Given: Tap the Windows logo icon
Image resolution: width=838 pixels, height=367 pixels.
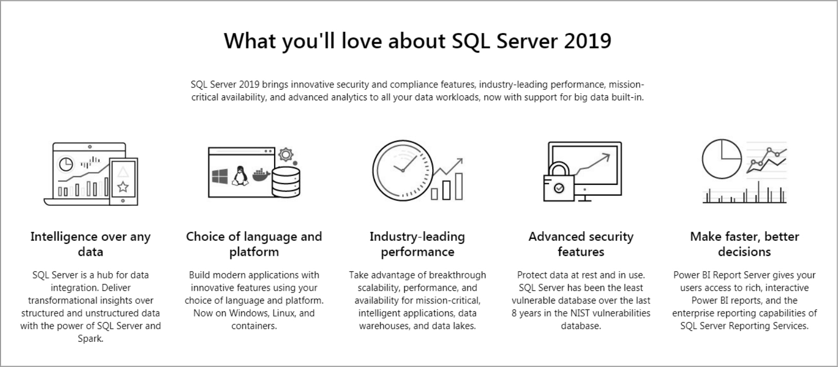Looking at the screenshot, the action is point(219,176).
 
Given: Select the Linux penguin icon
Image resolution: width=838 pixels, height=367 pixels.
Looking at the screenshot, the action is point(240,176).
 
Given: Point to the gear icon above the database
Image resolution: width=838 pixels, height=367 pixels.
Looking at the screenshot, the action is point(286,155).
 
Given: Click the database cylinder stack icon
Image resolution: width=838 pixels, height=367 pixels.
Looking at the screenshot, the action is point(286,182).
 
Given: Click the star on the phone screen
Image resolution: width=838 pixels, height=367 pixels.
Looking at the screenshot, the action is point(123,187).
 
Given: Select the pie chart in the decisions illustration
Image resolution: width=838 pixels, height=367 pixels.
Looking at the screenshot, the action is point(722,159).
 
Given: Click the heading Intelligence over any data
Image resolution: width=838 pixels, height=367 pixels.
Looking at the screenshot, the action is point(91,244).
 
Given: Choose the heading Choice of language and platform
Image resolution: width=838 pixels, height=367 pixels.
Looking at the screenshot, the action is point(254,244).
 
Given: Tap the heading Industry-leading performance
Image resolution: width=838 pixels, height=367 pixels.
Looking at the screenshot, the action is point(418,244).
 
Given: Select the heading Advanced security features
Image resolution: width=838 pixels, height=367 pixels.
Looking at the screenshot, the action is point(581,244).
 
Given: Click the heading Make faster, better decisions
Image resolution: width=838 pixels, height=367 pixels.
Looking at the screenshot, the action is point(744,244).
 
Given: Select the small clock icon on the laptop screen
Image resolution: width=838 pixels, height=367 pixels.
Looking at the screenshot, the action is point(66,164).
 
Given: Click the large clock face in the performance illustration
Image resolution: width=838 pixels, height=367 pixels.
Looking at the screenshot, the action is point(403,170).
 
